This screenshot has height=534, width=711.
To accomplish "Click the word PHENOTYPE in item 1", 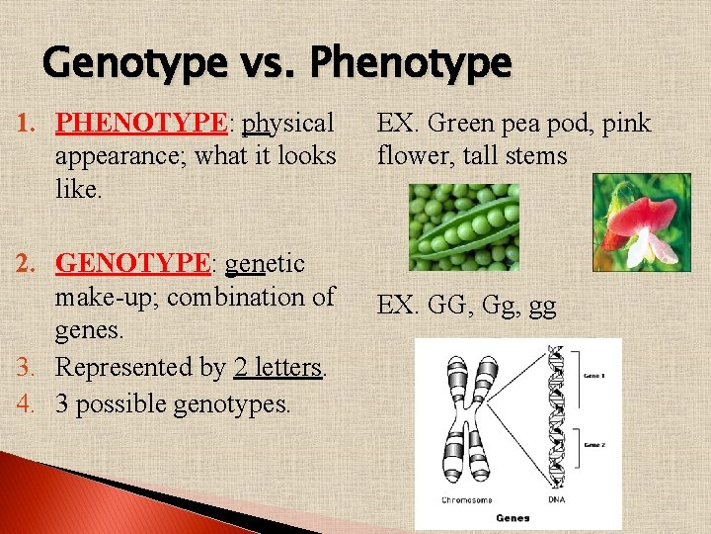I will pos(141,123).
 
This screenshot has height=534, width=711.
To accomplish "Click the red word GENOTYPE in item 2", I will pos(133,264).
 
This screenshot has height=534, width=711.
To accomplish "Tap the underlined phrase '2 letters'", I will pos(278,368).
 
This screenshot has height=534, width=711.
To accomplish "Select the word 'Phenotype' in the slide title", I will pos(411,64).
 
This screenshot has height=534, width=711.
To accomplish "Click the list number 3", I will pos(28,368).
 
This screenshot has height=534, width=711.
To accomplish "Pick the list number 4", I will pos(28,403).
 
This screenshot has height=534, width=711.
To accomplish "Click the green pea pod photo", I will pos(463,227).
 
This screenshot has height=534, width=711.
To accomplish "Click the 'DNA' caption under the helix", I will pos(559,500).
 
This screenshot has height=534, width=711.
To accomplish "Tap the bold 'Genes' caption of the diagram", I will pos(513,517).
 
